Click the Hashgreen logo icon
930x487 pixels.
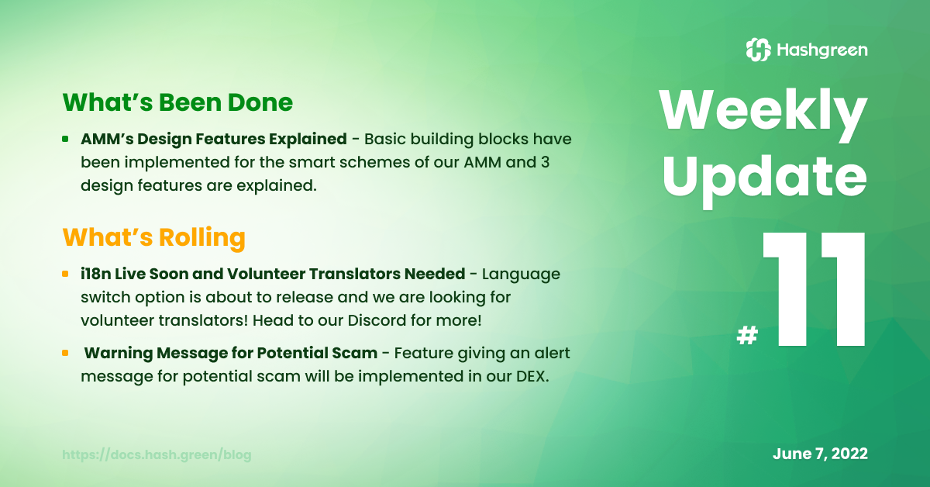tap(758, 50)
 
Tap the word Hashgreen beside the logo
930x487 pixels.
tap(822, 50)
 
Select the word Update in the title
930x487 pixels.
tap(765, 180)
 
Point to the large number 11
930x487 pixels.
tap(814, 288)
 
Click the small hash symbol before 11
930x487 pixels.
tap(747, 335)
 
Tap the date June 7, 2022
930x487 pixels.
tap(820, 454)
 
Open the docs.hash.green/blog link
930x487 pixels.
tap(157, 454)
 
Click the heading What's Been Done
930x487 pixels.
tap(177, 102)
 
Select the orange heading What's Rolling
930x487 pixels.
tap(154, 237)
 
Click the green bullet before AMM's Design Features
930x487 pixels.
tap(65, 139)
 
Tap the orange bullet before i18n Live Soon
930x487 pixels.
tap(65, 274)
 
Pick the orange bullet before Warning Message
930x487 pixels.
tap(65, 353)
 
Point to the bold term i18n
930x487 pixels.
tap(95, 274)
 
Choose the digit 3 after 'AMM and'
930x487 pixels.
tap(545, 162)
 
